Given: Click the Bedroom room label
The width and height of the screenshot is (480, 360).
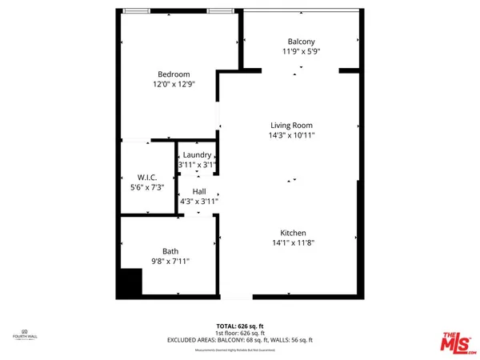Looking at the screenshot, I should click(174, 74).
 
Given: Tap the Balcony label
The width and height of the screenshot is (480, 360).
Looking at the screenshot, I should click(301, 42).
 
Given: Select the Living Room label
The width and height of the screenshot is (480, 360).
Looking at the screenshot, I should click(291, 125).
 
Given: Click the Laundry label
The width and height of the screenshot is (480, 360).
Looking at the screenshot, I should click(197, 155).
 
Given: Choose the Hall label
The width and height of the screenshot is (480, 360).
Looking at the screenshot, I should click(199, 192).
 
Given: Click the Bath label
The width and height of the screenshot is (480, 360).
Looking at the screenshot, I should click(170, 251).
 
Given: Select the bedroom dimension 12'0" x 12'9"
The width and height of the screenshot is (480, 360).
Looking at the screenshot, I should click(174, 83).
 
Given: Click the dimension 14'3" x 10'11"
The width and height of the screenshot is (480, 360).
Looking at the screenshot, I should click(292, 135).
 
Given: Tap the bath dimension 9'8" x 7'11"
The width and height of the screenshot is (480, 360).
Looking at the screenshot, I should click(170, 261).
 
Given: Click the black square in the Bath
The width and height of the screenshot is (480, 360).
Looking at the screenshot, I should click(130, 282).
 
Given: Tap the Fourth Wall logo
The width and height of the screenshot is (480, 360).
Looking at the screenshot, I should click(24, 335).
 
